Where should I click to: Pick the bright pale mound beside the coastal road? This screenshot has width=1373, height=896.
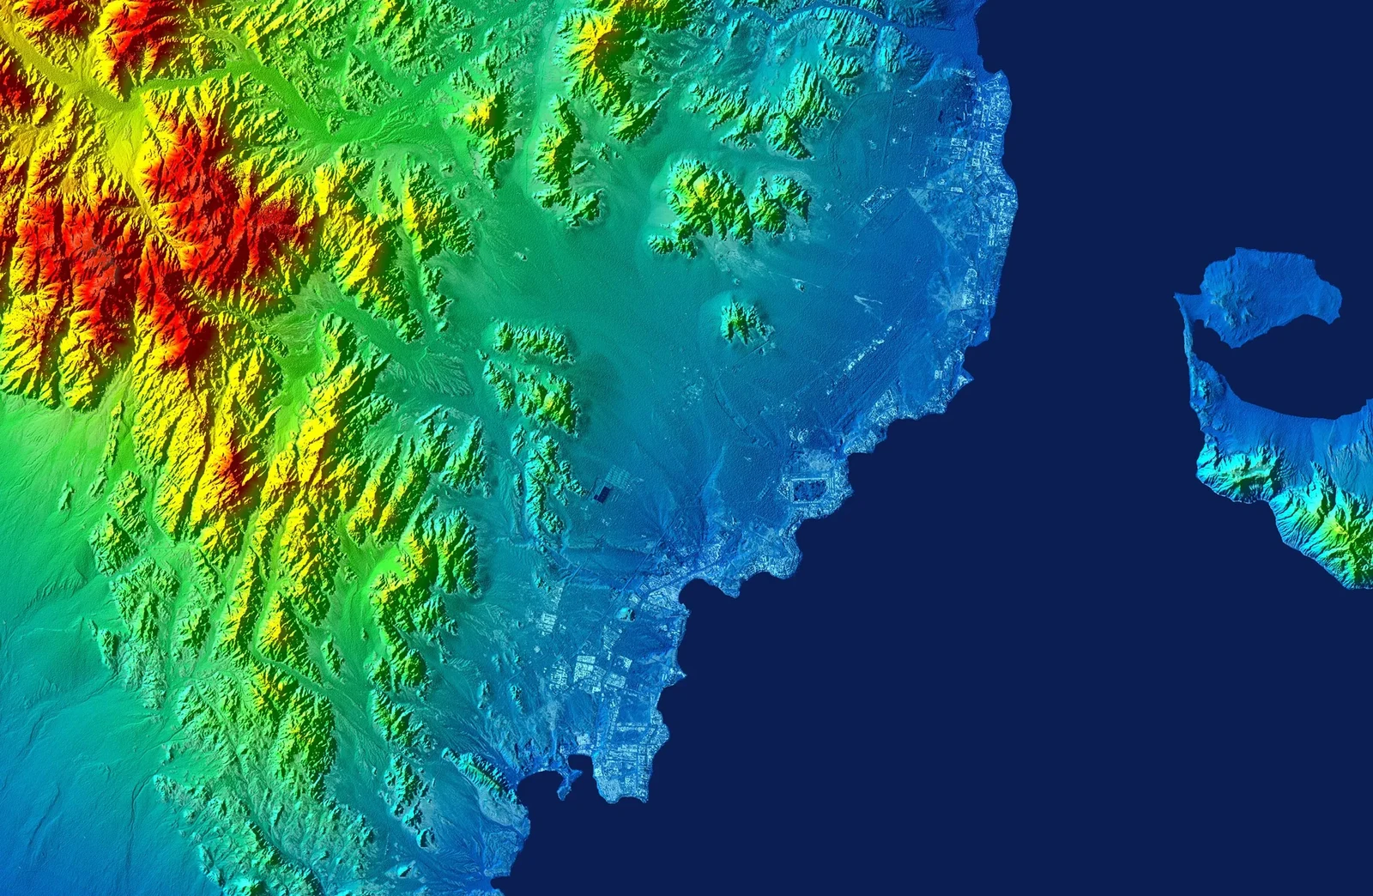tap(627, 614)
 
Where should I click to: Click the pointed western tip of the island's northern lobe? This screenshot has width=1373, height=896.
tap(1178, 296)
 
